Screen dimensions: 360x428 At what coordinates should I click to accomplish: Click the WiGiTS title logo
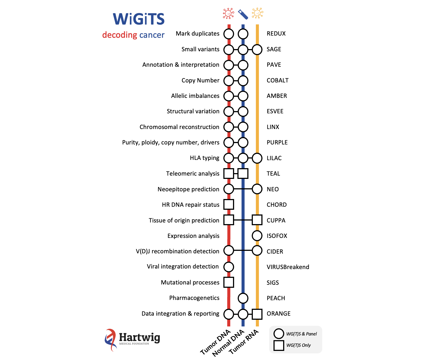point(139,19)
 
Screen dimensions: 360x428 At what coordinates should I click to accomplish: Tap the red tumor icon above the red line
point(228,13)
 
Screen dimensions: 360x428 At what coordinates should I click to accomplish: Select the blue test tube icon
point(243,14)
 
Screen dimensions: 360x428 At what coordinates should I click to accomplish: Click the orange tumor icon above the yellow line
point(257,13)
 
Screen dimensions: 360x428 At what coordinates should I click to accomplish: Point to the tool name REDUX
point(276,34)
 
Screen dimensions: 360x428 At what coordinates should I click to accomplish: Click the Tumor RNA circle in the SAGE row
point(257,50)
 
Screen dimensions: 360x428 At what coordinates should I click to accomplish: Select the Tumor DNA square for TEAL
point(229,174)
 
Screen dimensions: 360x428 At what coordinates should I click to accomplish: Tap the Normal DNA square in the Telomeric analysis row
point(243,174)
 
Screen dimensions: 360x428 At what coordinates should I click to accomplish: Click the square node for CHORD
point(229,205)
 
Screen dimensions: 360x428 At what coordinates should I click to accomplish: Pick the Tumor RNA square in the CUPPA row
point(257,220)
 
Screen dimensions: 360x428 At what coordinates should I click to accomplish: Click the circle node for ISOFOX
point(257,236)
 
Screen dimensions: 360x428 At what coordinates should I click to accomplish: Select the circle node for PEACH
point(243,298)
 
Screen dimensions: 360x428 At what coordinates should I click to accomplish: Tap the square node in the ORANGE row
point(257,314)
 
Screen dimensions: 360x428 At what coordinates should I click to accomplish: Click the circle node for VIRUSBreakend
point(229,267)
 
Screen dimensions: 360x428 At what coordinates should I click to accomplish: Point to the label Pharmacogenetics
point(194,298)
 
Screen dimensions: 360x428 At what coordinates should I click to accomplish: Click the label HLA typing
point(204,158)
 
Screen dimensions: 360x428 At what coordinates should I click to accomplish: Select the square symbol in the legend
point(279,345)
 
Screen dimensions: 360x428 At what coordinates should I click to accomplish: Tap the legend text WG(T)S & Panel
point(301,334)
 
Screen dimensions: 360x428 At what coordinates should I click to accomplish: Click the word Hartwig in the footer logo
point(139,337)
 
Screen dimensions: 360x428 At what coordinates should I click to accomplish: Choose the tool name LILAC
point(274,158)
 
